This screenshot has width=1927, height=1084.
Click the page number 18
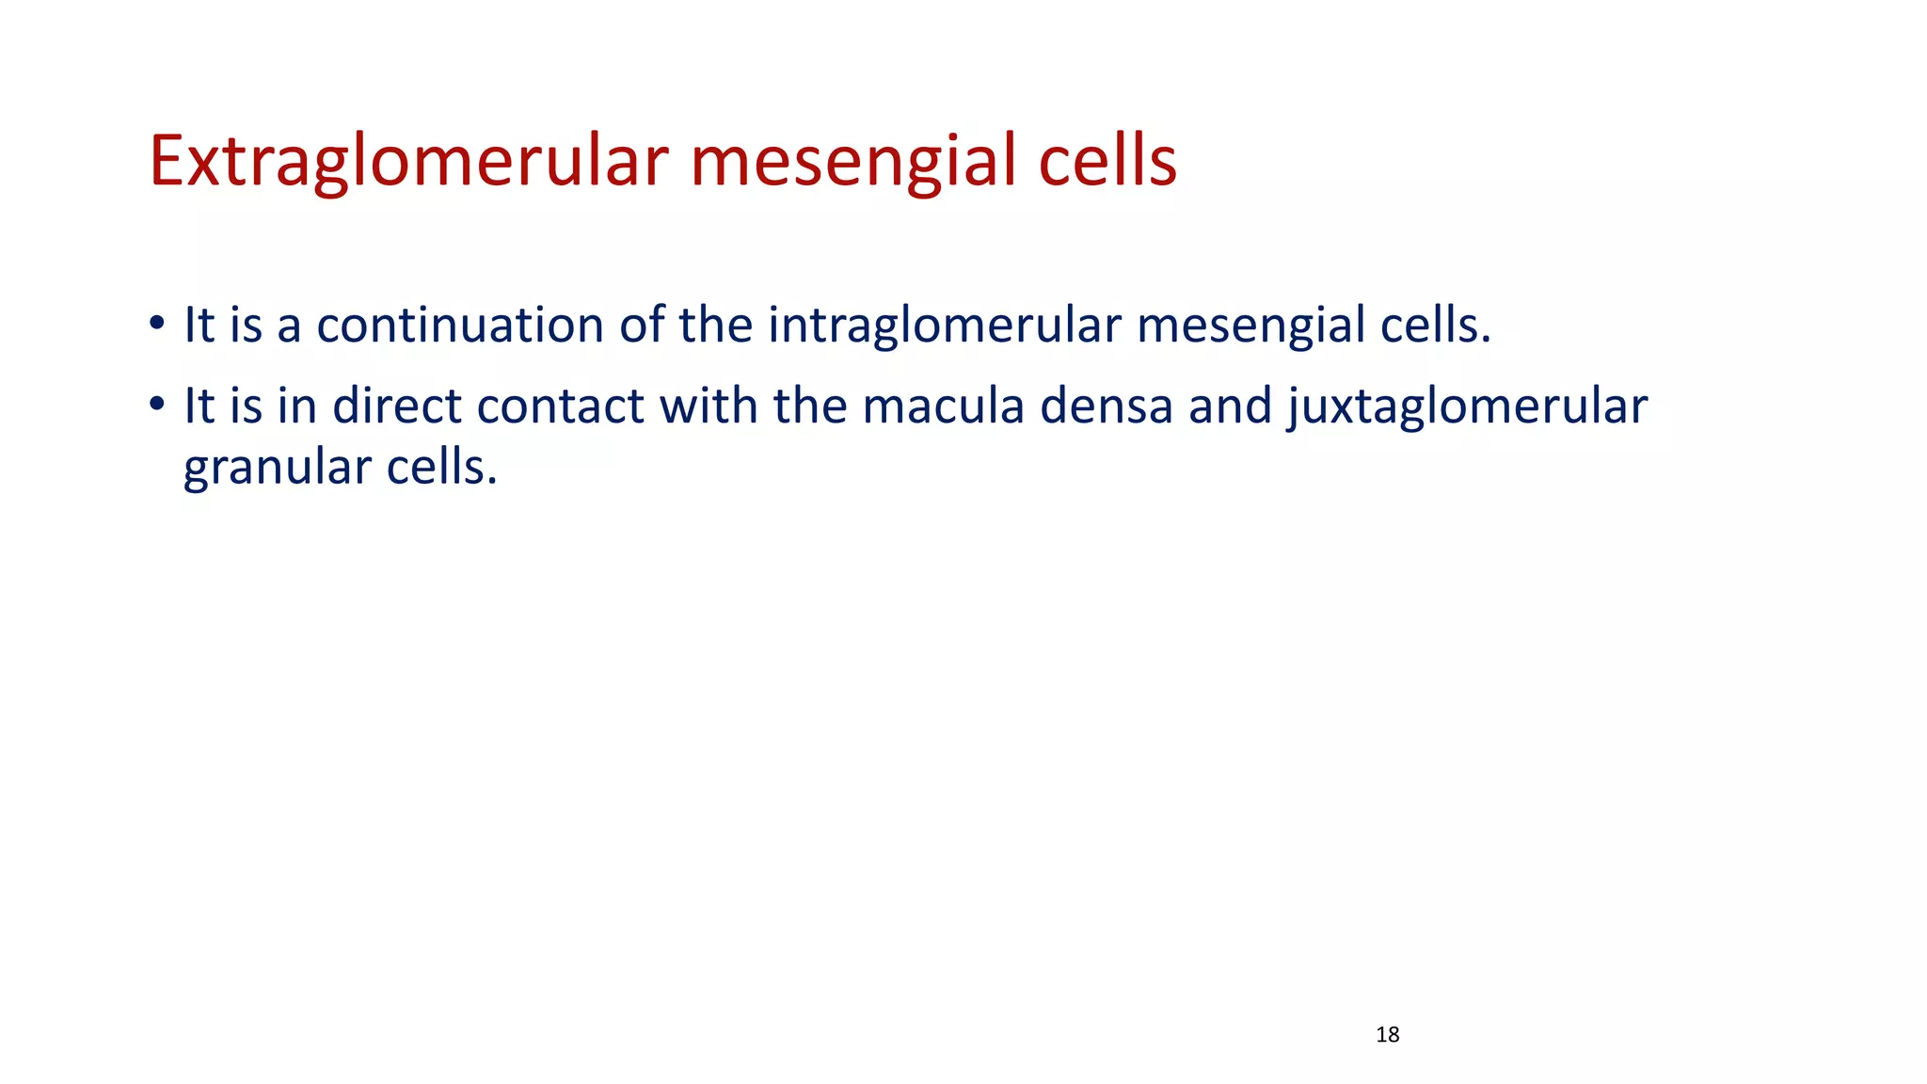[1387, 1035]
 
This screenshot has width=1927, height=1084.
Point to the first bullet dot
[156, 326]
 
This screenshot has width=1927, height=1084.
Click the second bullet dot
[156, 406]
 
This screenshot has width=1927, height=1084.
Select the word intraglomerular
[945, 326]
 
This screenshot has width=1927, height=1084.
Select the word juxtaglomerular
[1467, 406]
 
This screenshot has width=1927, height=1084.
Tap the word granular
[278, 468]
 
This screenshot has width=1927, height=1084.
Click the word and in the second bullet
[1230, 406]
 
